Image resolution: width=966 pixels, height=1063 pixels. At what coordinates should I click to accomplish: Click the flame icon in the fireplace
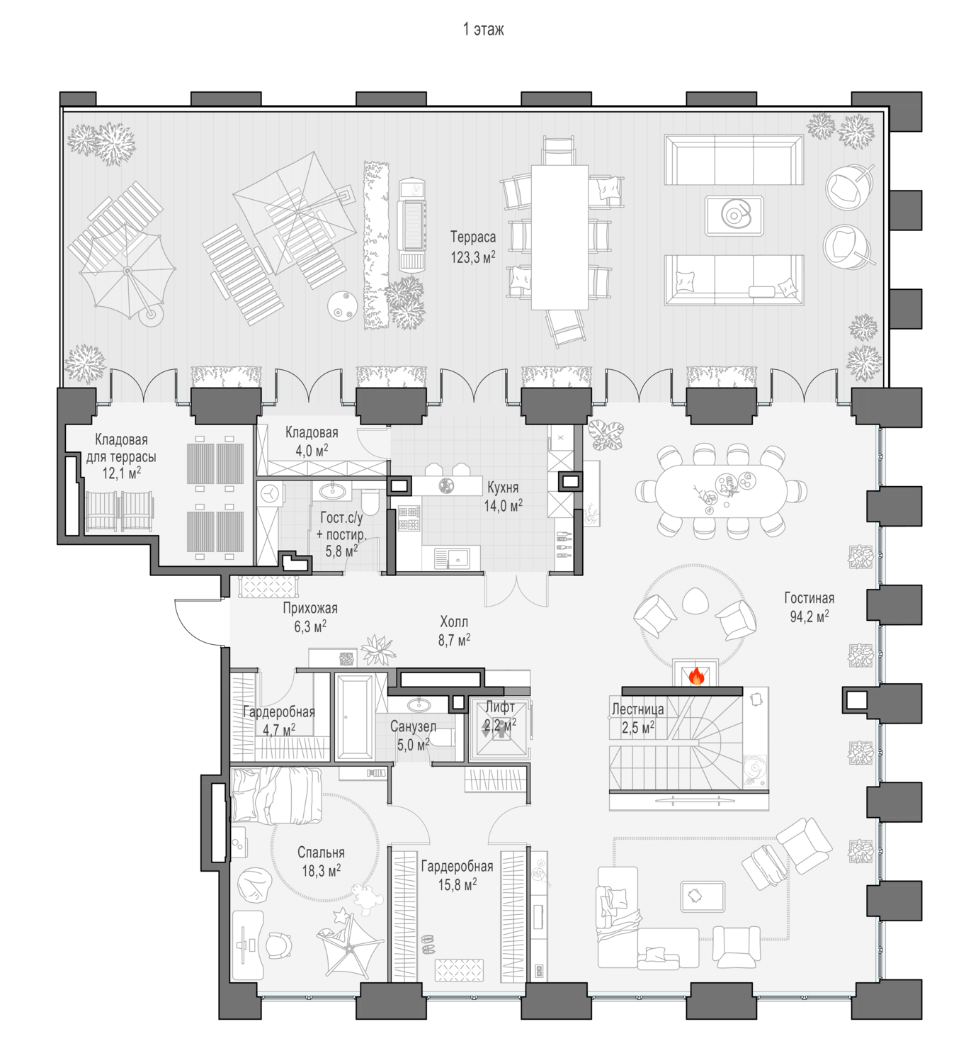[695, 675]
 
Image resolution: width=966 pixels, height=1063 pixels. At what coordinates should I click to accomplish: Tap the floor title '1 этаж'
[483, 29]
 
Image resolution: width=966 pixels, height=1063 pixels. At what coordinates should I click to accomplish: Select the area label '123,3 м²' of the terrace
[473, 257]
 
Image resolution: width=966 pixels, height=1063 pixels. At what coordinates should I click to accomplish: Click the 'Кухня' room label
[503, 486]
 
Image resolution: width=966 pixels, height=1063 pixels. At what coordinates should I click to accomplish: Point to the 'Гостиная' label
[809, 597]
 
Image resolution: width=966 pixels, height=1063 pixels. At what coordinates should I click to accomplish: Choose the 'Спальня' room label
[321, 852]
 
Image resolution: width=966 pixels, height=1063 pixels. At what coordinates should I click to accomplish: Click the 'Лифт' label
[500, 707]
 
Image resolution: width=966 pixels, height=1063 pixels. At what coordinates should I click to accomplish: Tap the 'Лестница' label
[637, 709]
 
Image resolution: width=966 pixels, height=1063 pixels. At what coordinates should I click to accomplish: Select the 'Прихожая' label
[309, 608]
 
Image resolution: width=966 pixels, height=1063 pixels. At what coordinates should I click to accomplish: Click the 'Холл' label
[454, 621]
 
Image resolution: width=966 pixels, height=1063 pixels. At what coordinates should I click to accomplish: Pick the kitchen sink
[452, 558]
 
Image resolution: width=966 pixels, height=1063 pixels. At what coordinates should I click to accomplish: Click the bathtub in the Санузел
[354, 717]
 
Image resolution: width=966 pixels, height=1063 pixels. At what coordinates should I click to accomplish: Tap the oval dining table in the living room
[721, 490]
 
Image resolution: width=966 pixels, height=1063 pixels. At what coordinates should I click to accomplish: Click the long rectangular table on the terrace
[559, 237]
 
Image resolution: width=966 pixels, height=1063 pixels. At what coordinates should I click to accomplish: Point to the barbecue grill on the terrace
[411, 225]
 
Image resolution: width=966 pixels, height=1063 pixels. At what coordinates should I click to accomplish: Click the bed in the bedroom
[275, 796]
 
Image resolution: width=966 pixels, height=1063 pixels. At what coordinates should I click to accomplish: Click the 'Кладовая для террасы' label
[121, 456]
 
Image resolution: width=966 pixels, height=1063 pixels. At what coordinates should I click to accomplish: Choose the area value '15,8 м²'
[457, 884]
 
